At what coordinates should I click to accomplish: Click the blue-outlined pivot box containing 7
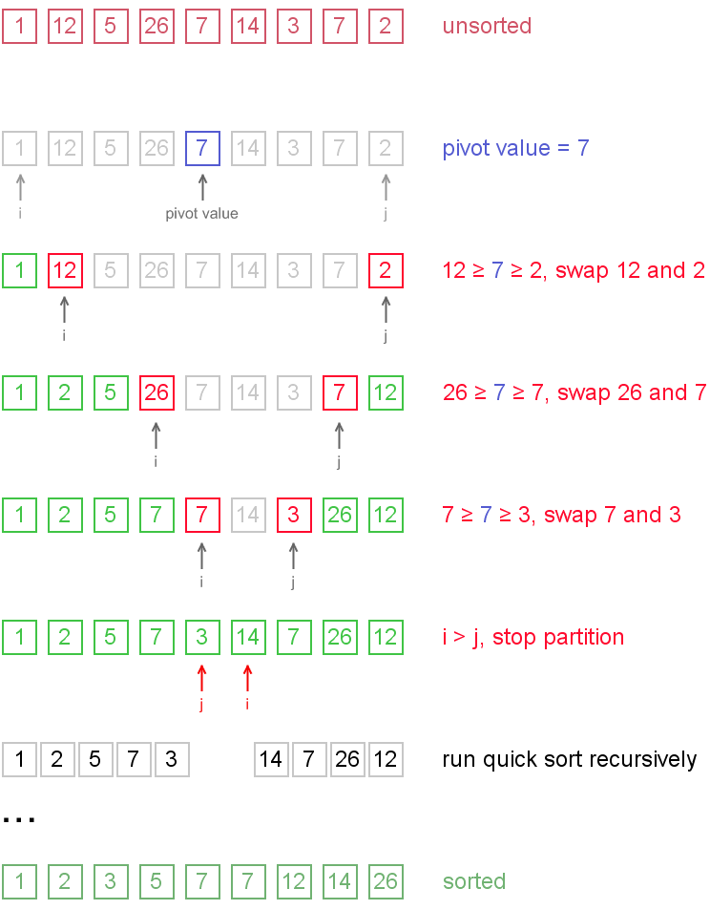coord(202,149)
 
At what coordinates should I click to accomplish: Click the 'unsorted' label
coord(487,27)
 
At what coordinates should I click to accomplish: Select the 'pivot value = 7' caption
coord(515,149)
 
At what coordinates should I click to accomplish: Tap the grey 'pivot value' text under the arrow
coord(201,214)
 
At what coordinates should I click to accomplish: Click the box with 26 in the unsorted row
coord(157,27)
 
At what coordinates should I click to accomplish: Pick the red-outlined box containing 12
coord(65,271)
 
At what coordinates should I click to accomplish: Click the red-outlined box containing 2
coord(386,271)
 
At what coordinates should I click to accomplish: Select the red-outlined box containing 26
coord(157,393)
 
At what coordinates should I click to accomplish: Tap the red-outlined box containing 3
coord(294,516)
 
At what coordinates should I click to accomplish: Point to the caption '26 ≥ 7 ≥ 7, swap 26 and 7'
coord(574,393)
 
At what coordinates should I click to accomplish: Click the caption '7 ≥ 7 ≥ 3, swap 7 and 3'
coord(561,516)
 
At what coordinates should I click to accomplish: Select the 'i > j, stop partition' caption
coord(533,638)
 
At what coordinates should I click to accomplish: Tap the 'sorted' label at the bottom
coord(474,882)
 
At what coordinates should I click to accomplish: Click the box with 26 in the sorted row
coord(386,882)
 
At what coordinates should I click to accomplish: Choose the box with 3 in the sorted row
coord(111,882)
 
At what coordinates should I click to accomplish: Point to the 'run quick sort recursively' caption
coord(570,760)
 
